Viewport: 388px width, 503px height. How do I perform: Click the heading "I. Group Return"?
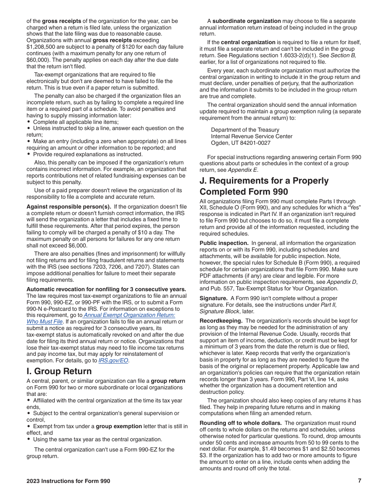[x=59, y=371]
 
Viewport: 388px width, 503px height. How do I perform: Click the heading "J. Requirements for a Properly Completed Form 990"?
[x=264, y=186]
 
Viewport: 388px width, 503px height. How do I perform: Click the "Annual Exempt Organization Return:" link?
[x=129, y=315]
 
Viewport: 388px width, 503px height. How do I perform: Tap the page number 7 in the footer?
[x=359, y=481]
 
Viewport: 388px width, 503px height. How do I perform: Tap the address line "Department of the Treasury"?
[x=245, y=130]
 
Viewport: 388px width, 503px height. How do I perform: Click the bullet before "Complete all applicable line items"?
[x=29, y=122]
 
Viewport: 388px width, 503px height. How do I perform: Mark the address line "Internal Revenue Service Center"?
[x=252, y=137]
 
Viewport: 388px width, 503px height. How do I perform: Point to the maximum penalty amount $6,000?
[x=77, y=246]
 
